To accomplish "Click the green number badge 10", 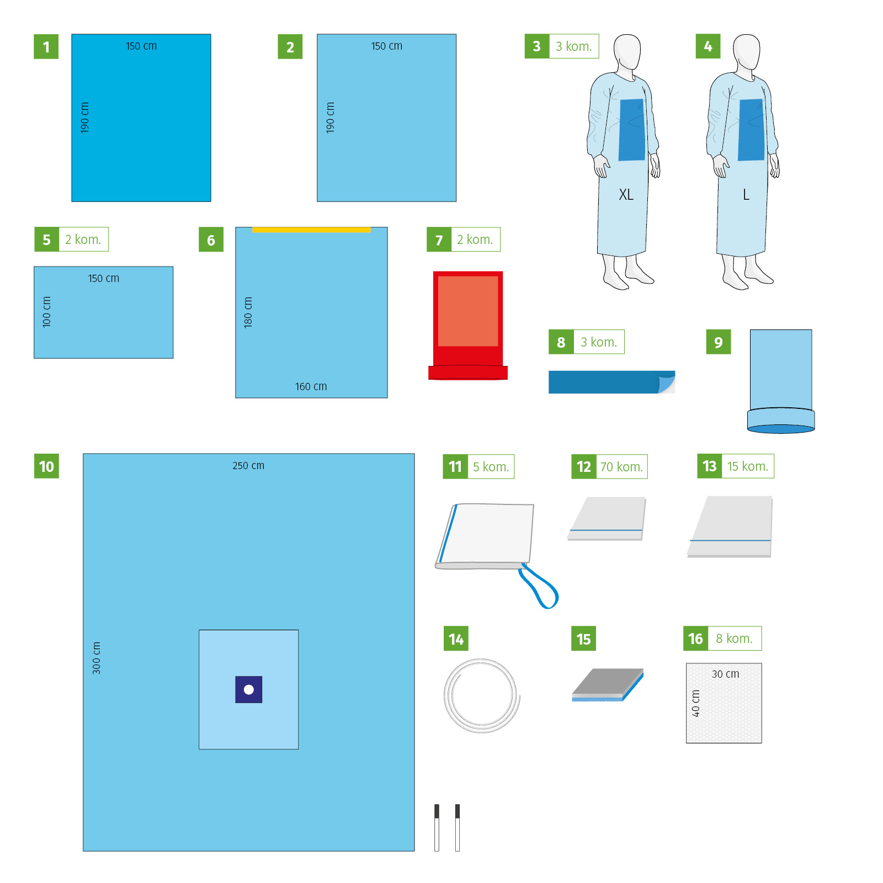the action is point(46,466).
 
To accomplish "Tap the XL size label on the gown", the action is point(626,195).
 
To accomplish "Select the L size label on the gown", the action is point(746,195).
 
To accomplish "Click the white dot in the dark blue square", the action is point(249,689).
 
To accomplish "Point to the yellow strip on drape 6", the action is point(311,230).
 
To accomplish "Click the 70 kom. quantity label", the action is point(622,467).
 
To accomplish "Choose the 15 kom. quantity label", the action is point(748,466).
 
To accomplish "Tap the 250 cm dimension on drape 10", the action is point(248,466).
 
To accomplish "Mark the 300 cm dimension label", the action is point(97,658).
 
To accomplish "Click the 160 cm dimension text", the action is point(311,387).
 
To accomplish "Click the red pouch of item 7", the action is point(468,326).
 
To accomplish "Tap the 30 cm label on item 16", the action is point(725,674).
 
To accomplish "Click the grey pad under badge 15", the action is point(608,685).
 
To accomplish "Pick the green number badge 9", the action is point(719,342).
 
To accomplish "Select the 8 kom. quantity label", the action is point(735,639).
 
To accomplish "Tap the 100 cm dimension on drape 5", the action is point(47,312).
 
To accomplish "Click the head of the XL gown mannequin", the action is point(627,52).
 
